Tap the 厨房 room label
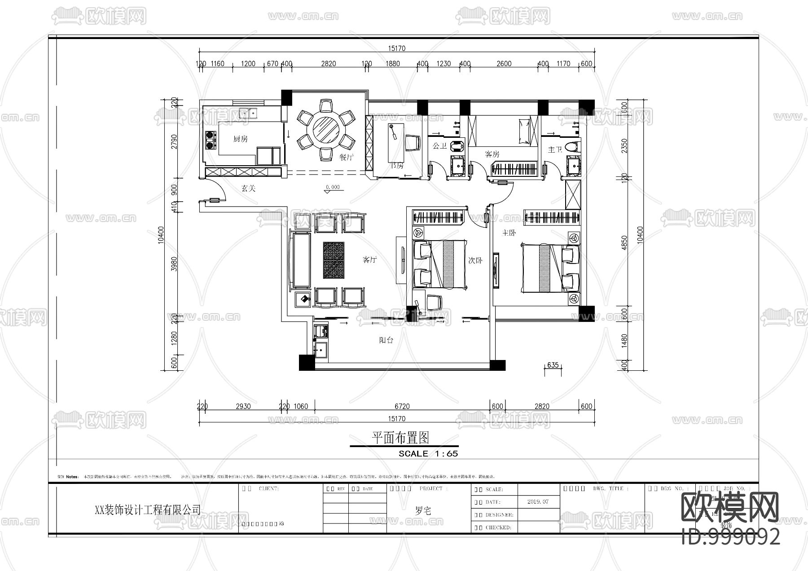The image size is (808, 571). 241,139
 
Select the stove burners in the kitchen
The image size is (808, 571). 210,140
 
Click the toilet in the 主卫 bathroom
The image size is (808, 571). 571,146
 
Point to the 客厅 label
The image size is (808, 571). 369,259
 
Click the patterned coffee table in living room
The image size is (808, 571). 334,260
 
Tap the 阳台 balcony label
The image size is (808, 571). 386,340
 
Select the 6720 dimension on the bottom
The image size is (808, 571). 402,406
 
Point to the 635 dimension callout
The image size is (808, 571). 553,365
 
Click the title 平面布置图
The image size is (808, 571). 400,437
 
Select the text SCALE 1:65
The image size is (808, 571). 428,453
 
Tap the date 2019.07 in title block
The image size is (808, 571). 538,501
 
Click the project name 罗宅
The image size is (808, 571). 423,510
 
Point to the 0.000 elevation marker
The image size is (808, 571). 333,187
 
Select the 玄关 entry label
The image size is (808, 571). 248,189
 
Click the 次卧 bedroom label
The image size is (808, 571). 475,260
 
